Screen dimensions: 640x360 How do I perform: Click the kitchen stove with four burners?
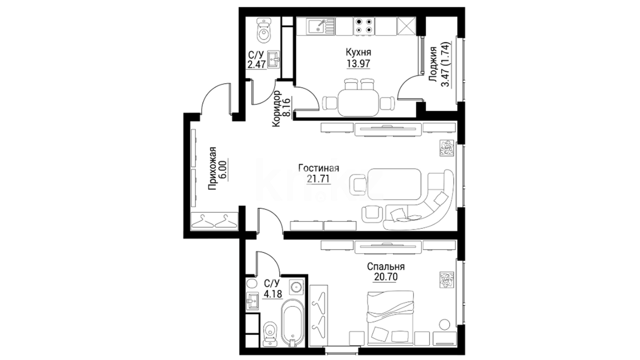click(x=363, y=26)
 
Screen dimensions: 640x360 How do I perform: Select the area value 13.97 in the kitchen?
click(x=358, y=63)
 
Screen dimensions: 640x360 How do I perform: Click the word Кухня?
click(x=358, y=52)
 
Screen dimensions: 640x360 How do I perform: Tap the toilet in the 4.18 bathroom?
click(x=269, y=334)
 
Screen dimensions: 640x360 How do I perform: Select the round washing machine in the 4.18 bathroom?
click(x=296, y=287)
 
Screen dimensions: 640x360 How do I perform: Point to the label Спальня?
click(x=386, y=267)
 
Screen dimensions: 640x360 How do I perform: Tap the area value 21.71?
click(x=319, y=179)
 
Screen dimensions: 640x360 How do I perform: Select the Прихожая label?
click(x=212, y=168)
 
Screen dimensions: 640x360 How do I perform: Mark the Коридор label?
click(x=276, y=109)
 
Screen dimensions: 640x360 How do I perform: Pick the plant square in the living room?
click(x=446, y=148)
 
